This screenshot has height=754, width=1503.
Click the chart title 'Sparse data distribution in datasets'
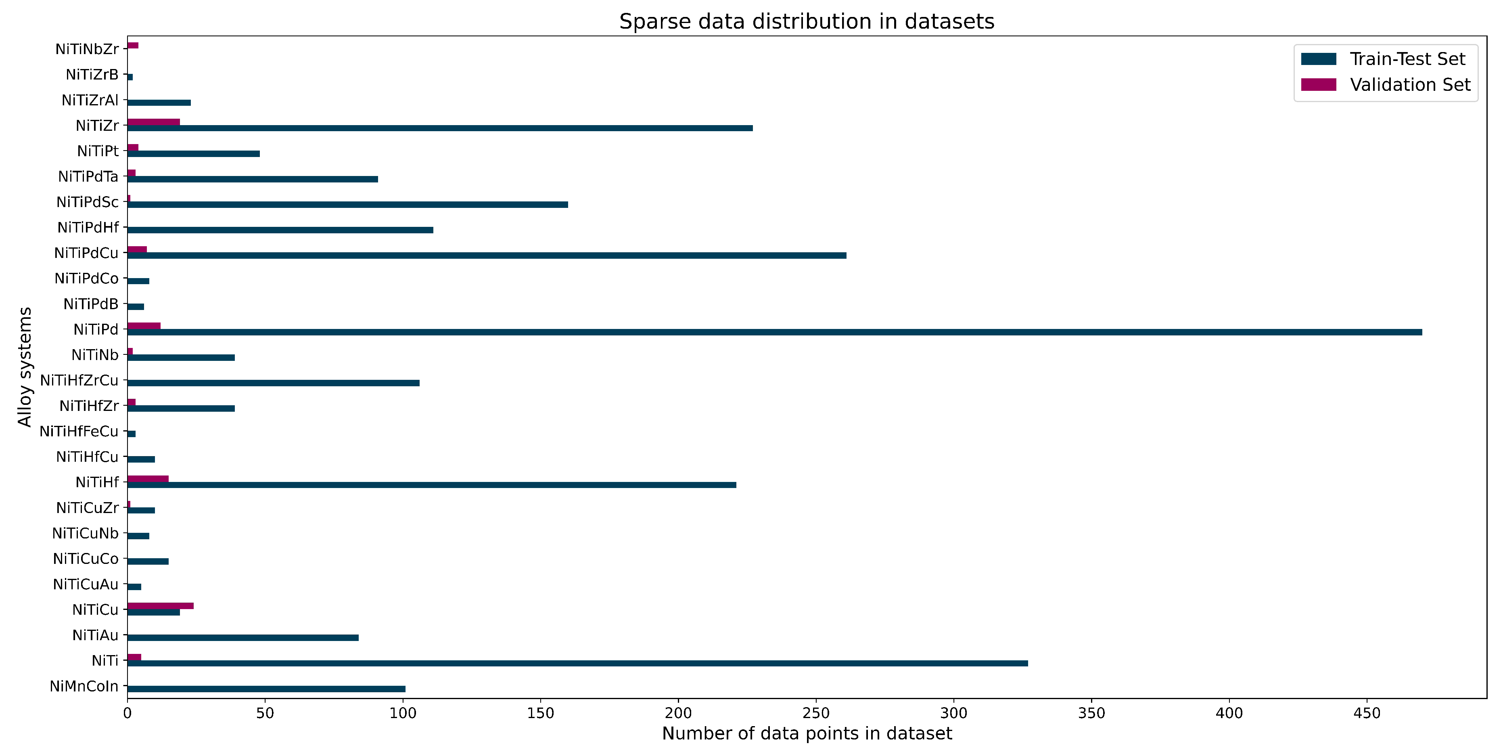pos(806,21)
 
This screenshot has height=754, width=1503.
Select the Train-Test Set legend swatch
pos(1318,59)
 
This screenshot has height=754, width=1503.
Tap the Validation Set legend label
pos(1410,85)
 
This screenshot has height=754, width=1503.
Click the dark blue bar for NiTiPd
pos(774,332)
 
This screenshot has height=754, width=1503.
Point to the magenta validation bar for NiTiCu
pos(161,606)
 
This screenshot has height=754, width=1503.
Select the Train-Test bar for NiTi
pos(578,663)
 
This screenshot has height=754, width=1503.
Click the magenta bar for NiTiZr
pos(153,122)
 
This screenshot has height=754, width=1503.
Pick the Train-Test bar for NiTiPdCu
pos(487,256)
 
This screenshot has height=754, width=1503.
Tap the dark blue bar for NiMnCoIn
pos(266,689)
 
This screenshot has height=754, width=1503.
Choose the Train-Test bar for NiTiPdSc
pos(348,204)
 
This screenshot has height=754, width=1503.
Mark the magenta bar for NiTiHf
pos(148,479)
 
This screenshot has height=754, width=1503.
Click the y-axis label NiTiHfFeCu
pos(79,431)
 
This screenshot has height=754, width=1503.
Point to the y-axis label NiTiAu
pos(95,635)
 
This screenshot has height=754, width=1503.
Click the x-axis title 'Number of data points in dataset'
pos(806,733)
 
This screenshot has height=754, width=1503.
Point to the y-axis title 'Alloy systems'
pos(25,367)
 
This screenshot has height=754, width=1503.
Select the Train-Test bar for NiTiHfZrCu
pos(273,383)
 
